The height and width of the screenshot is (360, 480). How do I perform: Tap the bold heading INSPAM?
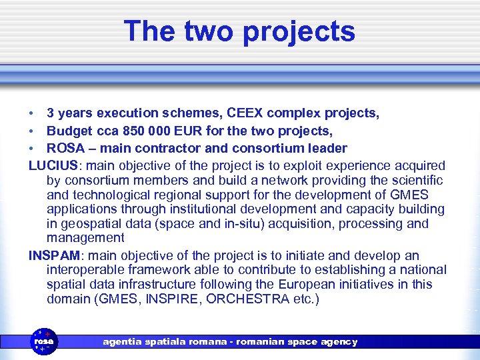[x=55, y=255]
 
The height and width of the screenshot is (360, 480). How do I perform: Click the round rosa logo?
[x=45, y=341]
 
